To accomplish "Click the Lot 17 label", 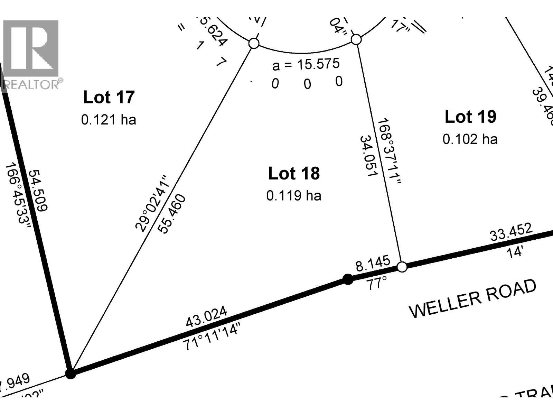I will click(109, 97).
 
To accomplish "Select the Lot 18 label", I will click(294, 173).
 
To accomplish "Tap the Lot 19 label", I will click(470, 117).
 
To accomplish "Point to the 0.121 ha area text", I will click(109, 120).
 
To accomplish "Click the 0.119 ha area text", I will click(294, 196).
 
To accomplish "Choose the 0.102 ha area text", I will click(470, 139).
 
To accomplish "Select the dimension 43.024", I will click(207, 316).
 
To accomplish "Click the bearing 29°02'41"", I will click(152, 203).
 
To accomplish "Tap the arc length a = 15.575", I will click(306, 64).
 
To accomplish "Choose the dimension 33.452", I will click(511, 232).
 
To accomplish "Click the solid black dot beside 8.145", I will click(348, 279).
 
